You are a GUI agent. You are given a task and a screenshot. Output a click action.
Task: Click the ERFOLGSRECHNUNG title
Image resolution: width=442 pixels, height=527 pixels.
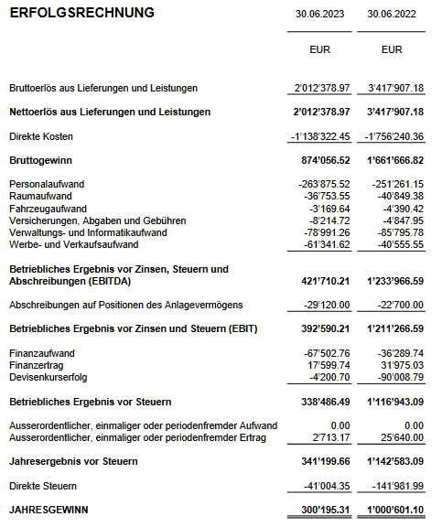click(x=81, y=13)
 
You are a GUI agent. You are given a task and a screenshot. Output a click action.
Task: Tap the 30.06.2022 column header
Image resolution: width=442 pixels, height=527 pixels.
click(x=392, y=14)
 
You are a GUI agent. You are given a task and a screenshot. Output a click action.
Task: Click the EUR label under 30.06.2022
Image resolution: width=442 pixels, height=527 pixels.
click(x=392, y=49)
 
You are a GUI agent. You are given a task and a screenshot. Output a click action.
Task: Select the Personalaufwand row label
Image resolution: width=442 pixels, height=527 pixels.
click(x=46, y=184)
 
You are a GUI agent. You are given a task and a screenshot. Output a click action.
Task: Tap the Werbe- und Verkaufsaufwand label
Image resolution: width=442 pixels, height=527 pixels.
click(x=73, y=244)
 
